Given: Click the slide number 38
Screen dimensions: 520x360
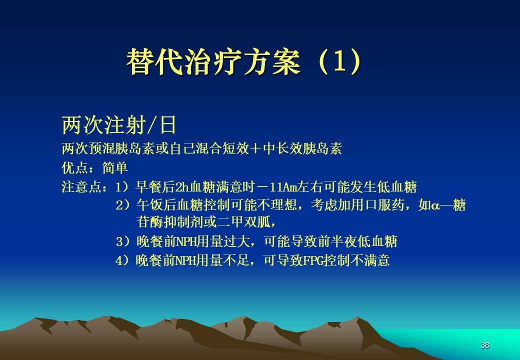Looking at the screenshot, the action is (x=485, y=345).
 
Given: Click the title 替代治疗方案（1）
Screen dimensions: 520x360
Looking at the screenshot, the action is (x=244, y=61).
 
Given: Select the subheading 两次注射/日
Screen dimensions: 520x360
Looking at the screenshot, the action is (x=118, y=125).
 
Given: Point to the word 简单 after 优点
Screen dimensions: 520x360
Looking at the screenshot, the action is (x=114, y=167).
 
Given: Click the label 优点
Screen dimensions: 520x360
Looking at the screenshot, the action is (x=75, y=167).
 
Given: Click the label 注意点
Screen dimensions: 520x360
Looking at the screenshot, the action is (x=81, y=187).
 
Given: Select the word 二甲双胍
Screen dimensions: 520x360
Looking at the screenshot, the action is (x=244, y=222).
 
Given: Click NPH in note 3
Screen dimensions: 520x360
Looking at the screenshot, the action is (x=186, y=241).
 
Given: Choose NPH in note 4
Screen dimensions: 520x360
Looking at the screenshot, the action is (x=185, y=261).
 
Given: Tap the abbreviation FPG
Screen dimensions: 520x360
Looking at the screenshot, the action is (x=313, y=261).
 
